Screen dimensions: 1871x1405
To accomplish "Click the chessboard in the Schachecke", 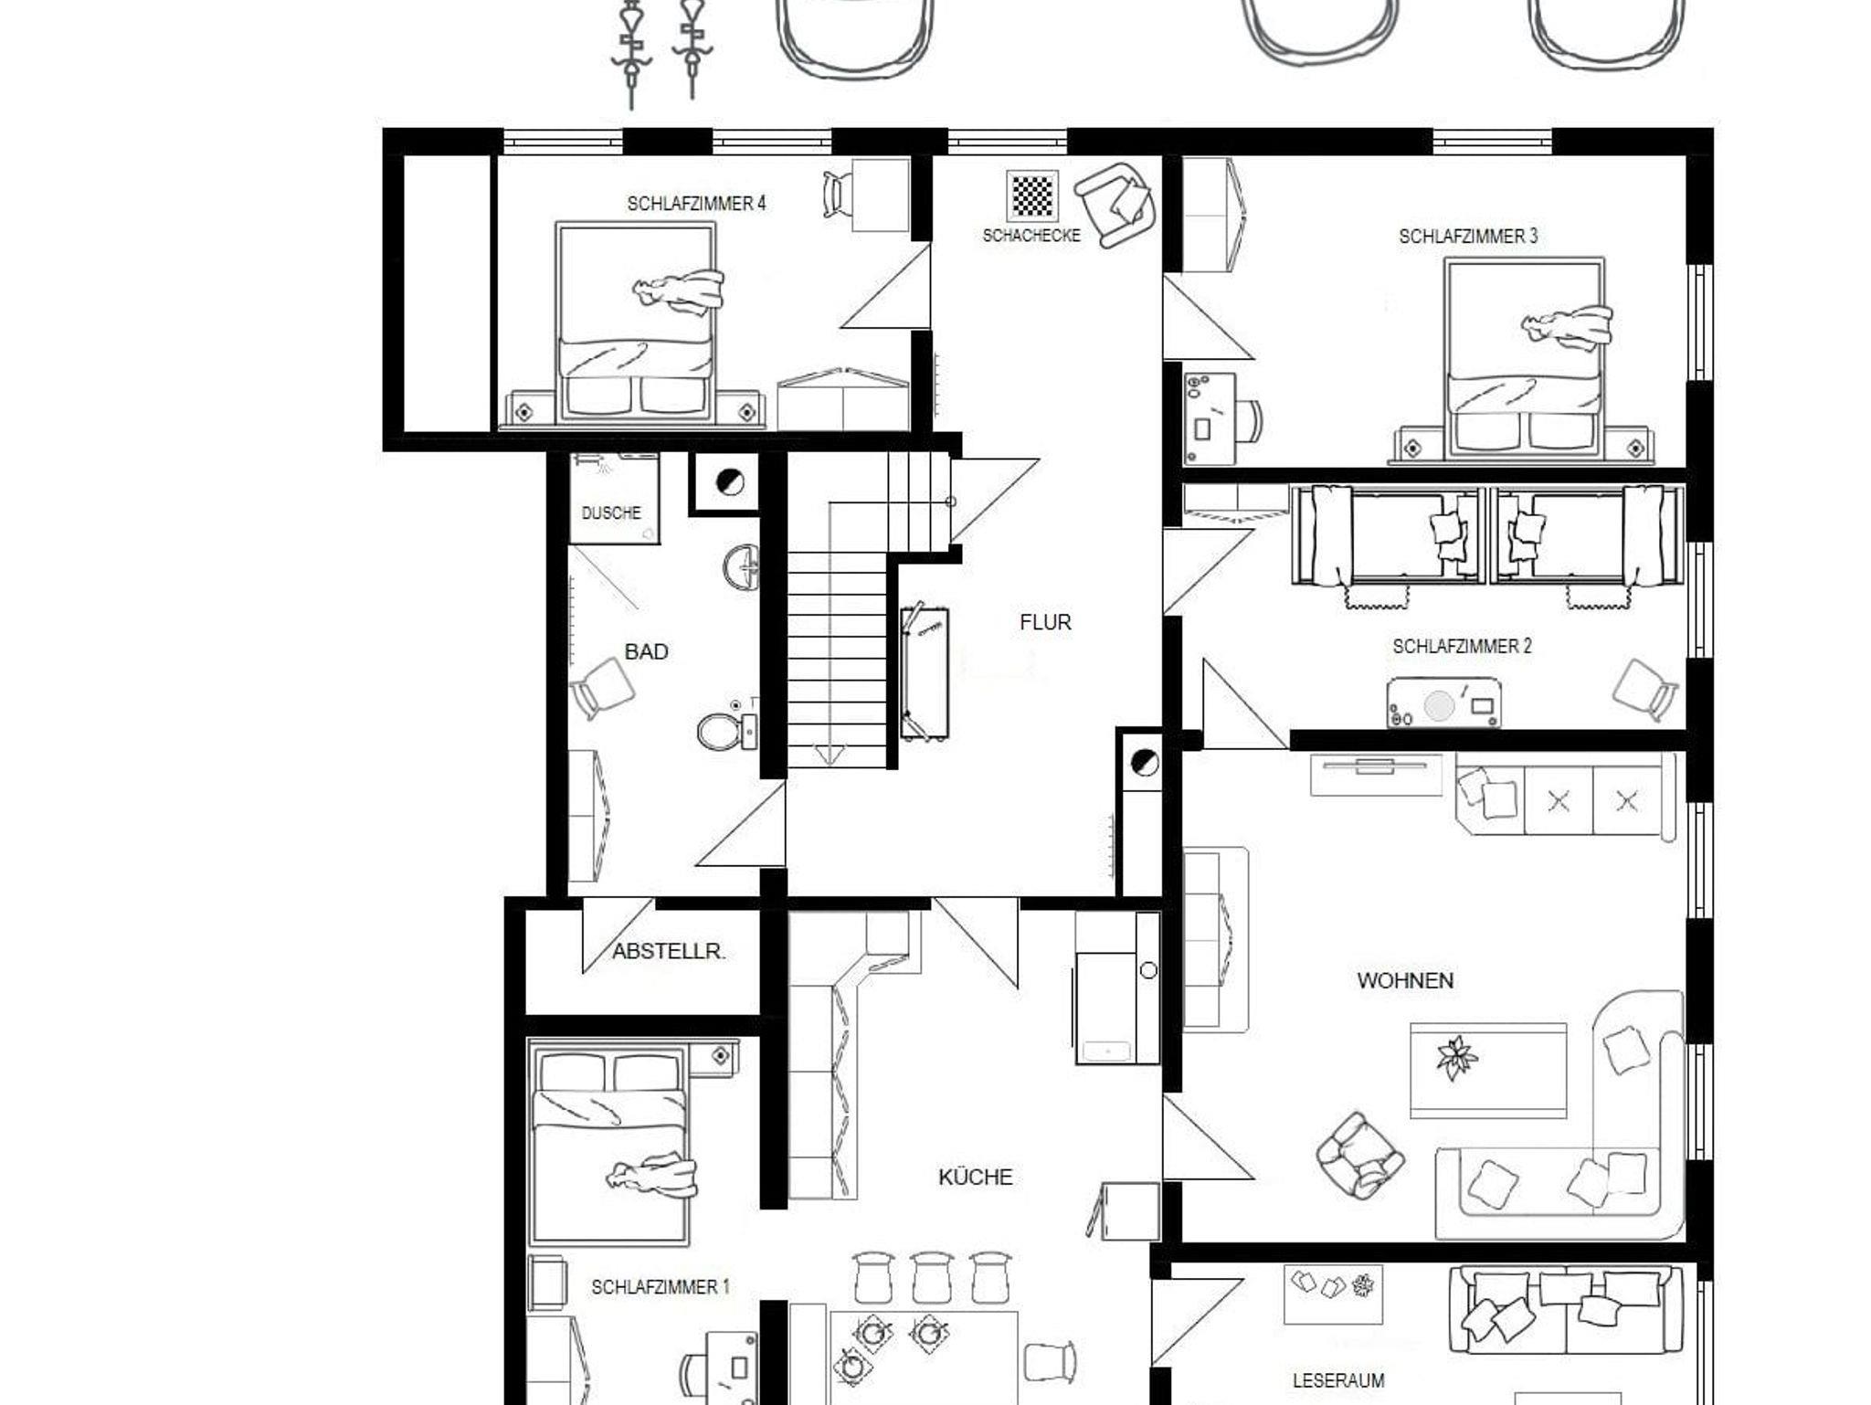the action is (1032, 195).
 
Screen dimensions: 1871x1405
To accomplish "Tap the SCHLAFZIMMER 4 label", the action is (696, 204).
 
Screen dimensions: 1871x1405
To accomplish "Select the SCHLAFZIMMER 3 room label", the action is (1468, 237).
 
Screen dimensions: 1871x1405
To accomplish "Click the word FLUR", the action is (1045, 622).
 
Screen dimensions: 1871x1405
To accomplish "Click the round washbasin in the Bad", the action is (742, 568).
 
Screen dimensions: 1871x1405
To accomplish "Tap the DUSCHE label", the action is (611, 513).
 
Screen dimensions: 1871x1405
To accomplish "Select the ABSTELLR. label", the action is (669, 952).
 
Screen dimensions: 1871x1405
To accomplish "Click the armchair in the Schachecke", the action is (1115, 205).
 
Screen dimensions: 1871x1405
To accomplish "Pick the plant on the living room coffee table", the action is (1456, 1057).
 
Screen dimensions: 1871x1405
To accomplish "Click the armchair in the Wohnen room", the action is (1359, 1155).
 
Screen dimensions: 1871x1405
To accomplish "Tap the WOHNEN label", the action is (1405, 981).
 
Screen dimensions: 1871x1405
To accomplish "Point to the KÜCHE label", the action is (976, 1177).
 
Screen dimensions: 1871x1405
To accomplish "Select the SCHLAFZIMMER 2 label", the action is (1462, 647).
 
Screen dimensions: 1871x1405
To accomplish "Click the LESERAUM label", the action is (1338, 1380).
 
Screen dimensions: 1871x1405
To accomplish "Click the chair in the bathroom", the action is (602, 688).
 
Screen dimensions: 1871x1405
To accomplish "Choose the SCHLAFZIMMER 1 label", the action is (661, 1287).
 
